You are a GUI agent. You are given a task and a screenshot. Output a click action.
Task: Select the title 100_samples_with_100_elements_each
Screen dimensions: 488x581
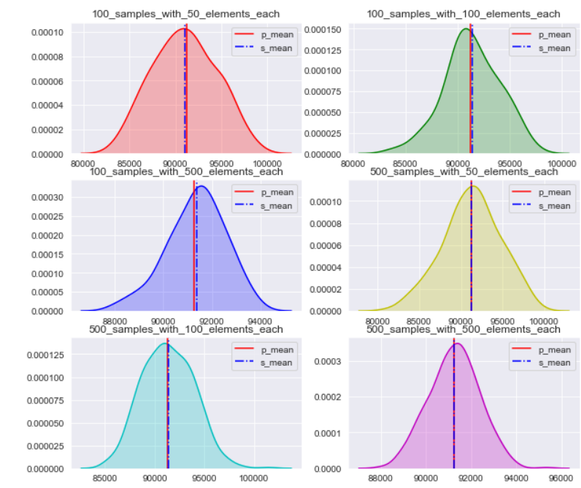click(463, 14)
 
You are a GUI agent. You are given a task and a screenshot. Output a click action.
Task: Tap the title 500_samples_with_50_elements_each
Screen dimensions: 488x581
click(463, 171)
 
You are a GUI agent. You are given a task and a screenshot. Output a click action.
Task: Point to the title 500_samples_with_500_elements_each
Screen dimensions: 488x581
click(463, 330)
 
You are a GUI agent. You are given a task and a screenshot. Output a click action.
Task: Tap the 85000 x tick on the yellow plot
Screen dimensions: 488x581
click(418, 321)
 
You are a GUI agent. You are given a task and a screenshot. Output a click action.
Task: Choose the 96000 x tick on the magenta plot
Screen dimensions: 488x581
click(560, 479)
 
